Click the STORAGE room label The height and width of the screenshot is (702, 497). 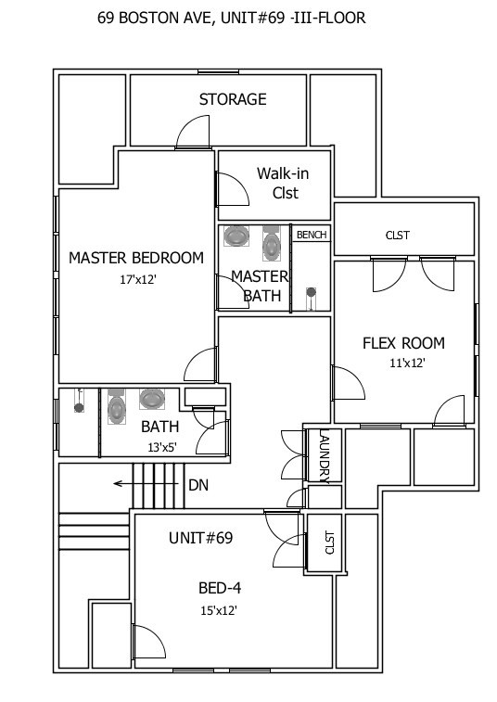coord(233,99)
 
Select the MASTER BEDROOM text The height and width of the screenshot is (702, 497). coord(136,258)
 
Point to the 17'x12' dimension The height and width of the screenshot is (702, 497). coord(137,279)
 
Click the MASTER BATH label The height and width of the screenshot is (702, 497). coord(260,286)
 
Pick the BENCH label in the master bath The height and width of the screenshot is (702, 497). coord(312,236)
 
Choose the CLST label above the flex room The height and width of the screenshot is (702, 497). coord(397,236)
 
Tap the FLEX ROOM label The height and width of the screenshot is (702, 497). coord(403,343)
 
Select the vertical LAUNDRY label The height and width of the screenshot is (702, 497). coord(324,456)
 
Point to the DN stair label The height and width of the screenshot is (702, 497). coord(198,484)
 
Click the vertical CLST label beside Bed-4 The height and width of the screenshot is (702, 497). coord(328,543)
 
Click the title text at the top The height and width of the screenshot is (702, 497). coord(231,18)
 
